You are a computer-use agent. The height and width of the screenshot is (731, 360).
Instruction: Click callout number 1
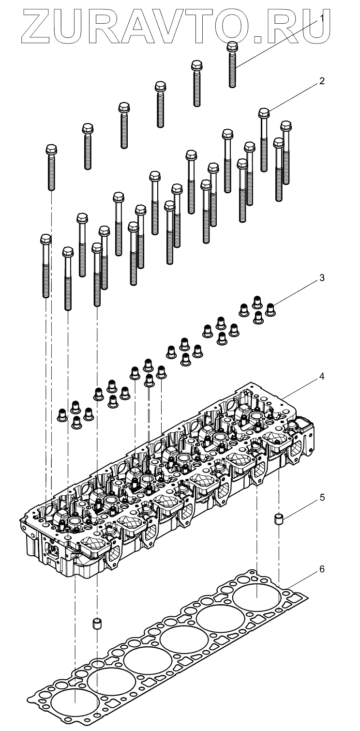tap(321, 18)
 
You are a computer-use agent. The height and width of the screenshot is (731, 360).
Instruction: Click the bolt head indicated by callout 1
tap(232, 46)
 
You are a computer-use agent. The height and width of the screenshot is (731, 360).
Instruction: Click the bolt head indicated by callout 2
tap(264, 113)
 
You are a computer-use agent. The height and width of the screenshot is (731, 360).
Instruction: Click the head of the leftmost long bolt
tap(45, 240)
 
